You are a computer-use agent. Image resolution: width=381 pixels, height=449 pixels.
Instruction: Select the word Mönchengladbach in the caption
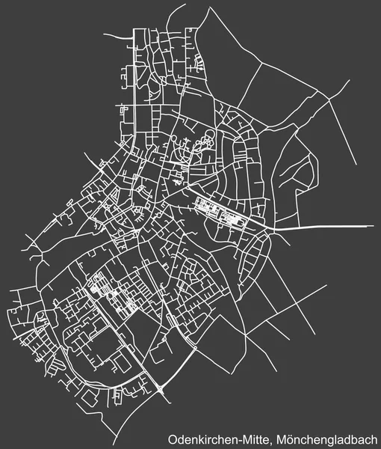329,439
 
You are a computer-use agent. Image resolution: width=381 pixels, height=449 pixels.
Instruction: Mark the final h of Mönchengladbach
374,439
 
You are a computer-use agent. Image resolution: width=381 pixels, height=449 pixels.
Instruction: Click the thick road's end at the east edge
373,225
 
